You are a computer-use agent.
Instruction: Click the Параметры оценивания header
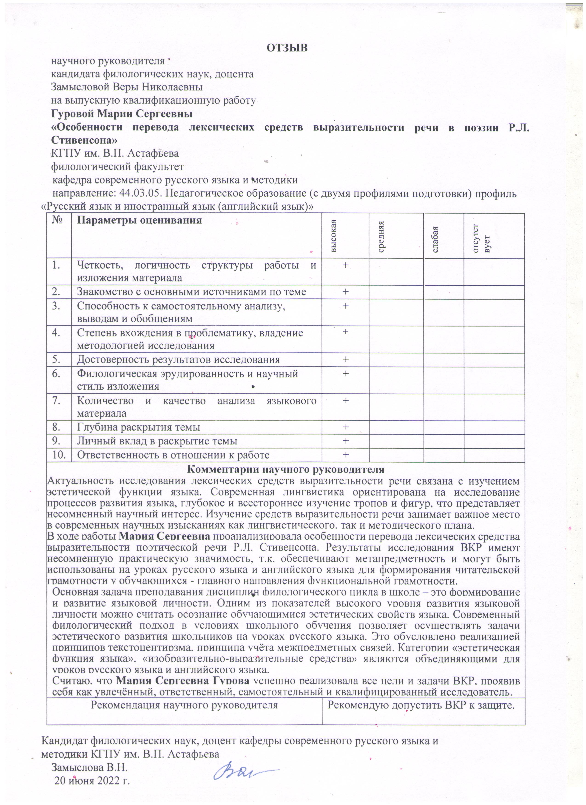point(139,221)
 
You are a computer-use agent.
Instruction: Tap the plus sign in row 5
point(345,360)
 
